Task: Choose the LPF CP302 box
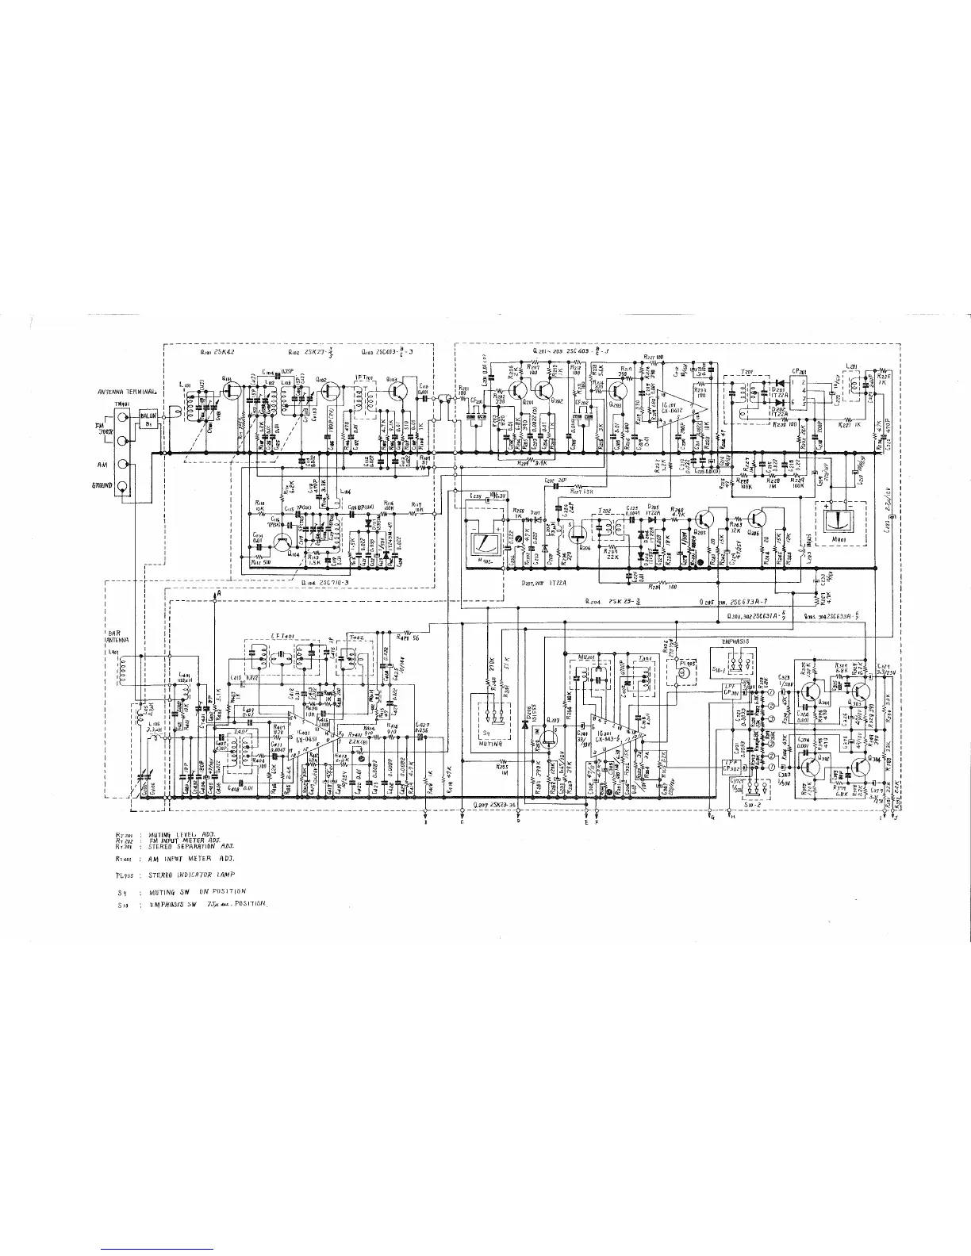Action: (x=735, y=766)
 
